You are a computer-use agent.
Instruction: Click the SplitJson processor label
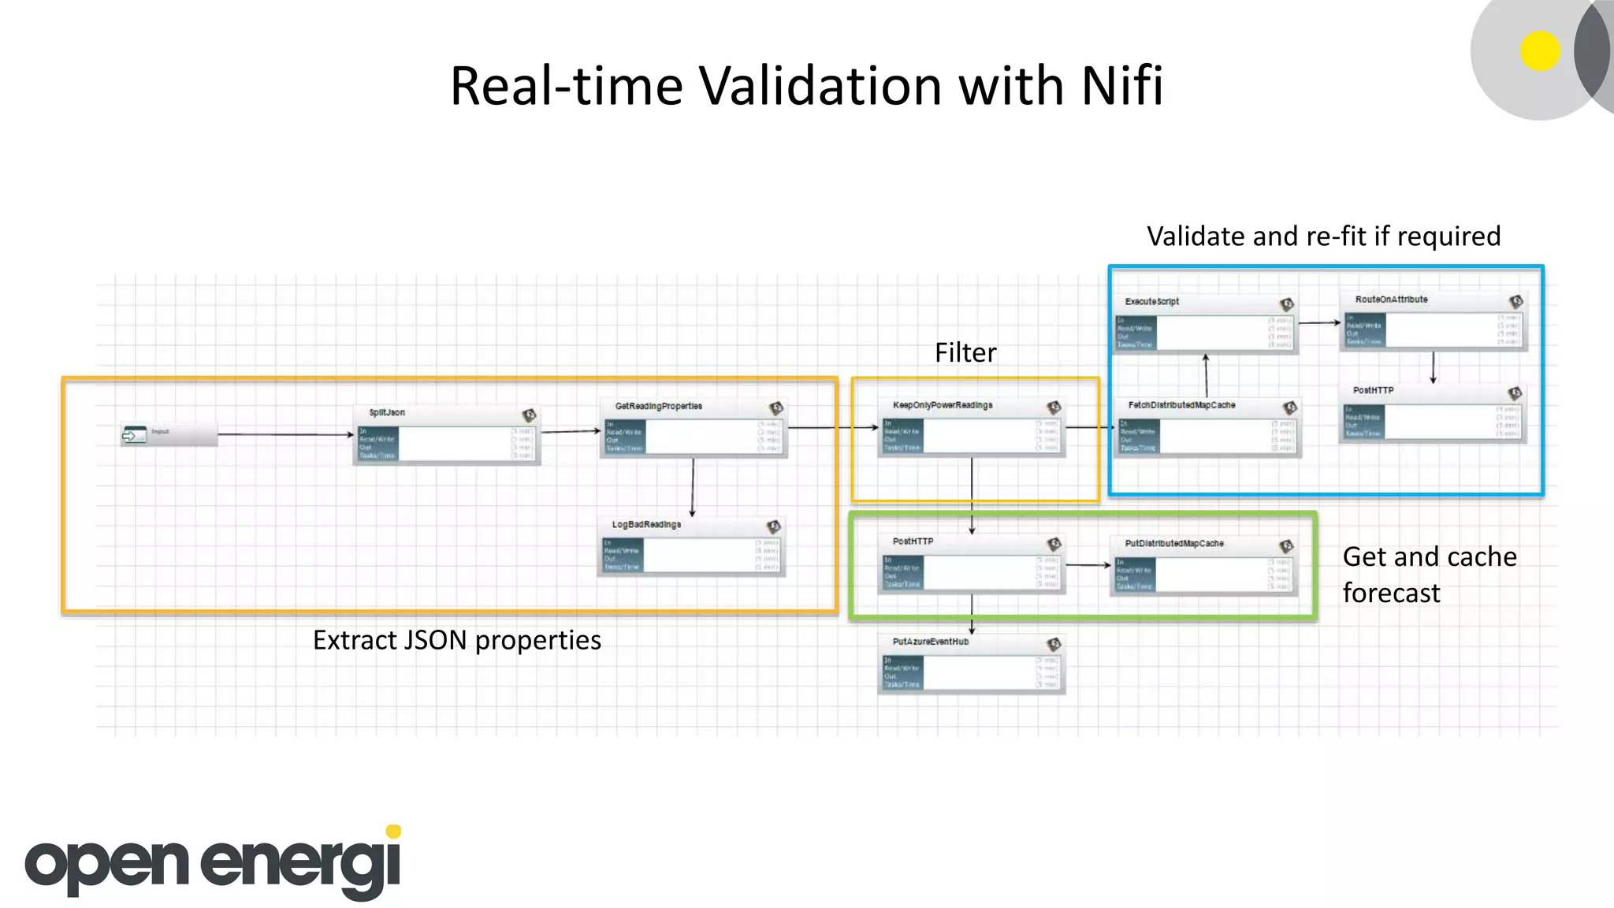pos(387,413)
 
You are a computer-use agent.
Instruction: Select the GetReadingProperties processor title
pos(658,407)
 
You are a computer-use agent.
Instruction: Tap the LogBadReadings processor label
pos(646,525)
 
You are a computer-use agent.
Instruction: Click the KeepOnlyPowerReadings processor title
pos(943,406)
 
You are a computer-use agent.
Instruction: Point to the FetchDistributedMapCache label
pos(1181,406)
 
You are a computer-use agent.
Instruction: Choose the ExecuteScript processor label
pos(1151,302)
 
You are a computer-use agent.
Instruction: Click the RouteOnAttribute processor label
pos(1391,300)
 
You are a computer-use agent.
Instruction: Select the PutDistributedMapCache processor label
pos(1174,544)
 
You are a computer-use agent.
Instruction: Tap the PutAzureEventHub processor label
pos(930,642)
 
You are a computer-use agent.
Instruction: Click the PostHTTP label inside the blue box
pos(1373,391)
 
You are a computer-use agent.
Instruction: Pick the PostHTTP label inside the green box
pos(913,542)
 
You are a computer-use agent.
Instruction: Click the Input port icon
pos(134,434)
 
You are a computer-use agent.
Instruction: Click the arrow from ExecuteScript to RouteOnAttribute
pos(1318,322)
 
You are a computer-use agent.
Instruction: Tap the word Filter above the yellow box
pos(965,352)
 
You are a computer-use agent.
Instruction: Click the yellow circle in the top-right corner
pos(1540,51)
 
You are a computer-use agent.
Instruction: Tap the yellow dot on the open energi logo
pos(393,832)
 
